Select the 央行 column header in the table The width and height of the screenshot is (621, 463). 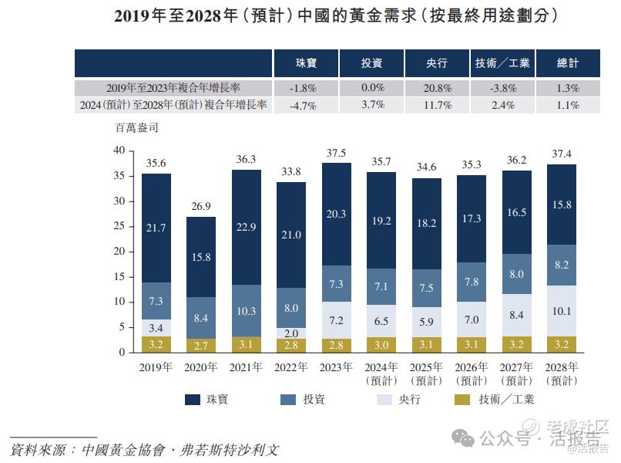point(437,63)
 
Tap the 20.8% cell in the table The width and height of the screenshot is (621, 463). point(437,88)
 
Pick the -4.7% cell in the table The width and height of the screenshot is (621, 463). point(303,105)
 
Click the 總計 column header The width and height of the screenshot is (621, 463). point(568,63)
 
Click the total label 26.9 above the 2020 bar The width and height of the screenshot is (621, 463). point(201,207)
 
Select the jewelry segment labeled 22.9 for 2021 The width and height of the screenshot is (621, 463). point(246,225)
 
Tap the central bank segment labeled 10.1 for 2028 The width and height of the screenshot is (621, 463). point(561,312)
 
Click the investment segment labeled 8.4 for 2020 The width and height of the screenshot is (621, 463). point(201,317)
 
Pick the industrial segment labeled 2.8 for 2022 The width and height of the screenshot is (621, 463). point(291,345)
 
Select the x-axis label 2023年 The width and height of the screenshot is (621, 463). point(336,367)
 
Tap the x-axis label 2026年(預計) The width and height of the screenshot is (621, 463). point(472,373)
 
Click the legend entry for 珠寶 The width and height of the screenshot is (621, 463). point(208,399)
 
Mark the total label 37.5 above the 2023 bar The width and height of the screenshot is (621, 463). point(336,153)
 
